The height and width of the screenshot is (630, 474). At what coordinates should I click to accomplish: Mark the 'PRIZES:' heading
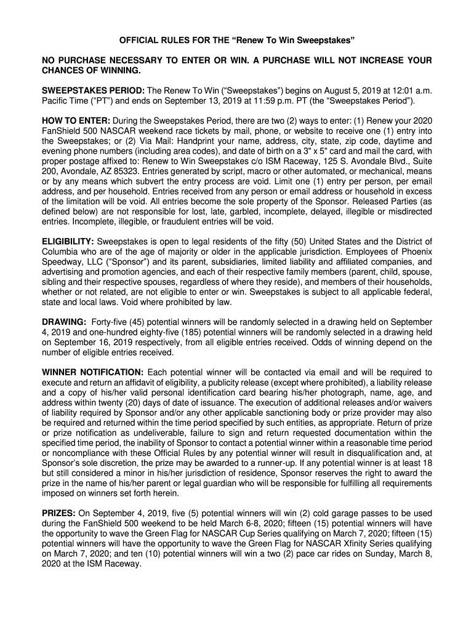pyautogui.click(x=58, y=512)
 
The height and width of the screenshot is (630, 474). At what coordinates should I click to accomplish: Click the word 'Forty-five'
pyautogui.click(x=112, y=322)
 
